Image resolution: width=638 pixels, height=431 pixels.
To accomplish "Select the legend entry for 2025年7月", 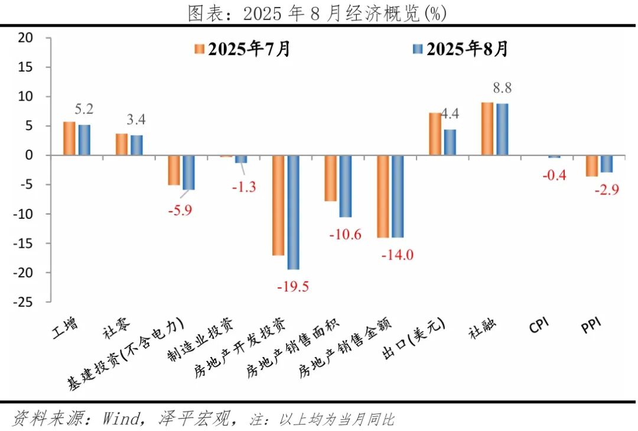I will (x=242, y=49).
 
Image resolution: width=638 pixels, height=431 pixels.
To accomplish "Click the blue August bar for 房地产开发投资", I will (x=293, y=212).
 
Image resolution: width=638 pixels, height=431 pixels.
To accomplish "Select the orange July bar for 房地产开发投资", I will (x=278, y=205).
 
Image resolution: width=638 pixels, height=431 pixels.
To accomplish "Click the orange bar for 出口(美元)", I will (x=434, y=134).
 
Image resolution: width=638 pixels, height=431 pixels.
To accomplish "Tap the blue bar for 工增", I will (x=84, y=140).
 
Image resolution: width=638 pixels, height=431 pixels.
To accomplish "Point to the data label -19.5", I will (x=293, y=287).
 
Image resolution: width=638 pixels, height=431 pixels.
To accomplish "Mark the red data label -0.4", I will (x=554, y=175).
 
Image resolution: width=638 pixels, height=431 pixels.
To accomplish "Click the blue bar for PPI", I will (x=606, y=164).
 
